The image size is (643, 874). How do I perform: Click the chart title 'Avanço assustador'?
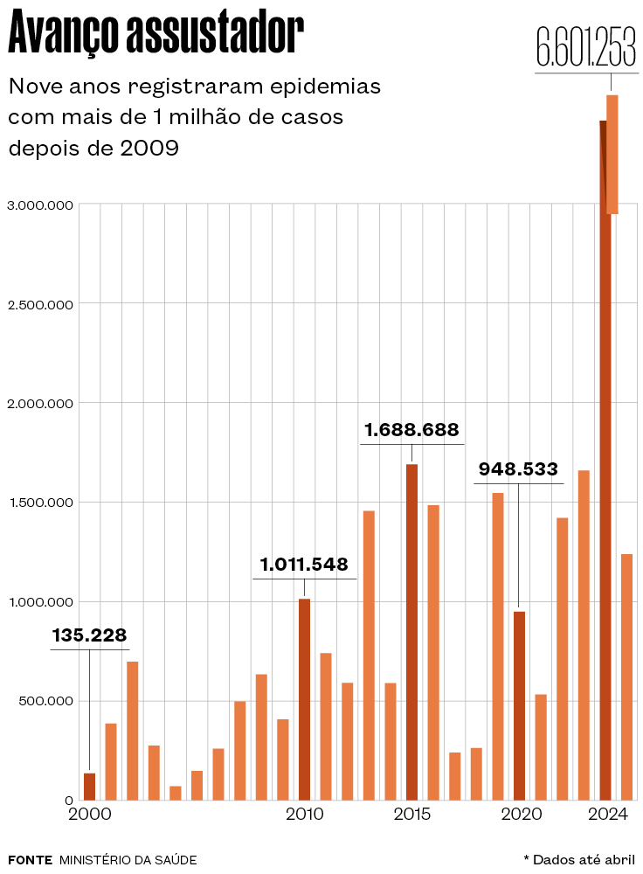tap(156, 35)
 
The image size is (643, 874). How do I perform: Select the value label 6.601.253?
tap(585, 47)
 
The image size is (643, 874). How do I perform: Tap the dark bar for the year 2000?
tap(89, 786)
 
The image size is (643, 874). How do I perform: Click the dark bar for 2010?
tap(304, 699)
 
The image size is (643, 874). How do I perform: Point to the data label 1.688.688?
tap(411, 430)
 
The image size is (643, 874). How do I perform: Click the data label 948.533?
tap(518, 469)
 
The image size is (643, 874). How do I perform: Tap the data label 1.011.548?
tap(304, 565)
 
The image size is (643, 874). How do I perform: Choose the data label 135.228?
tap(89, 635)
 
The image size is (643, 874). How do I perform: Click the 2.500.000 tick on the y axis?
tap(40, 304)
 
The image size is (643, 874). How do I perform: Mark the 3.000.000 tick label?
tap(40, 205)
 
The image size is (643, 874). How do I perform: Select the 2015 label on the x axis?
tap(411, 815)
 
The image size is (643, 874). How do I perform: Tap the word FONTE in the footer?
tap(30, 860)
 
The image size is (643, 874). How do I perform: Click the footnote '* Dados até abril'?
tap(579, 860)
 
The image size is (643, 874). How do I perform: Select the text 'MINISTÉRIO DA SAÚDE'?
tap(128, 860)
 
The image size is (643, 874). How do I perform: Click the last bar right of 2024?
tap(626, 676)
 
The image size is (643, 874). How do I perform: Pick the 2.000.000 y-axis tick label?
tap(40, 404)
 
